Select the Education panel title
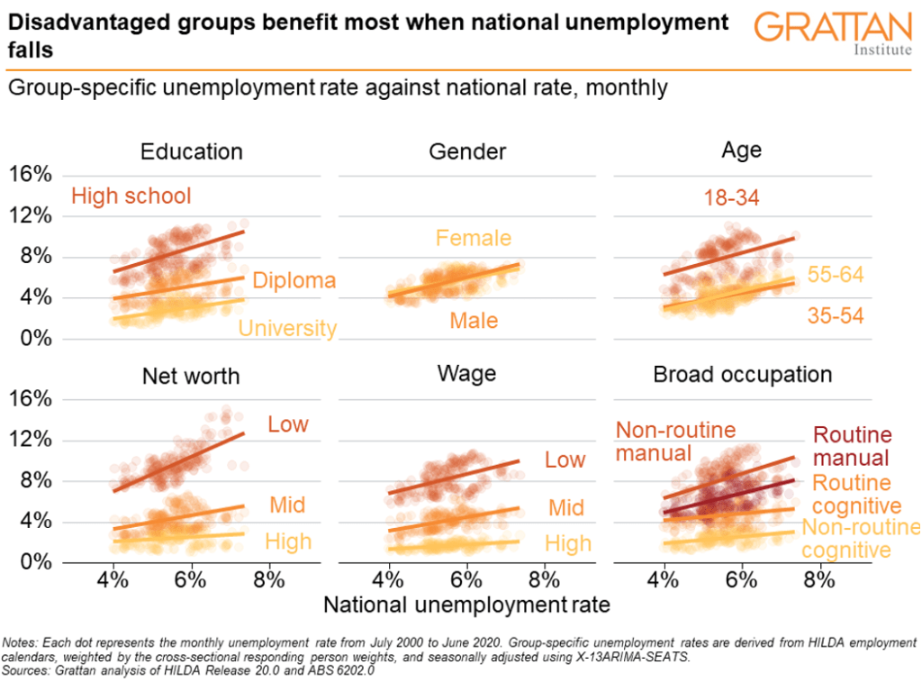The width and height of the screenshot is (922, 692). coord(192,151)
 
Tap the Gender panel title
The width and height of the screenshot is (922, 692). coord(466,151)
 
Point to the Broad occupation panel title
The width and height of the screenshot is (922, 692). coord(741,374)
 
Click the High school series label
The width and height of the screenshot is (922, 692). coord(131,196)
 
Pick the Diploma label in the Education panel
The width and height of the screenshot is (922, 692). coord(294,280)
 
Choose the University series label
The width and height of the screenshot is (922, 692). coord(287,329)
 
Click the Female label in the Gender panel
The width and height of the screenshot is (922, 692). coord(473,239)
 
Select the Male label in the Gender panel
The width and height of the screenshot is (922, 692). coord(473,321)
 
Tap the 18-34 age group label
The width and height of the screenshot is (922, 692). coord(732,198)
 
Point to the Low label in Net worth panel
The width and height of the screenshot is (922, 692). coord(288,423)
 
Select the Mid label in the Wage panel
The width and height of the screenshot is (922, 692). coord(566,508)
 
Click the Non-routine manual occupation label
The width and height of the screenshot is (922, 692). coord(675,442)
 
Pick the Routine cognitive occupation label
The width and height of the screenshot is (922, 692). coord(850,495)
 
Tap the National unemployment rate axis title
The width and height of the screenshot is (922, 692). coord(466,605)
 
